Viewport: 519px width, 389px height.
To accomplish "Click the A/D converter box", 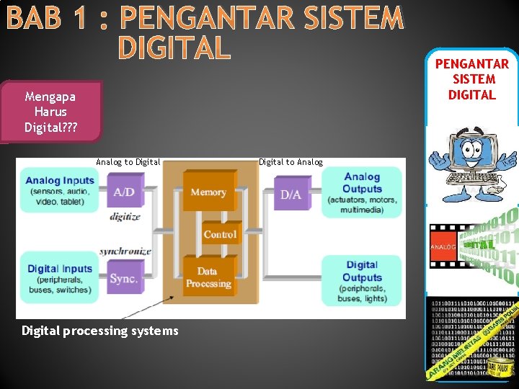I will point(123,192).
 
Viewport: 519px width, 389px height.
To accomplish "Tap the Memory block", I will point(208,192).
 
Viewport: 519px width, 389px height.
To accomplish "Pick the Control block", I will point(220,234).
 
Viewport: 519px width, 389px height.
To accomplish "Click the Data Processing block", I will point(208,277).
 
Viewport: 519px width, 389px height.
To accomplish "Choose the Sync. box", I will point(123,277).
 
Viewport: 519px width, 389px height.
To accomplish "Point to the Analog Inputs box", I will point(59,189).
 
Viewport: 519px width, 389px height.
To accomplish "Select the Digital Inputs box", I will point(59,277).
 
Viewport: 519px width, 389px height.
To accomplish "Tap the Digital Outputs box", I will point(361,280).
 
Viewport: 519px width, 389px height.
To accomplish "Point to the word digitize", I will point(125,217).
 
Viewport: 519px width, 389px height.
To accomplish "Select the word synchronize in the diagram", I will point(125,251).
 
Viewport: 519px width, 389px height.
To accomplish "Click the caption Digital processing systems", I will point(100,331).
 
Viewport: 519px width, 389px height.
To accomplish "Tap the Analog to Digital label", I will point(128,162).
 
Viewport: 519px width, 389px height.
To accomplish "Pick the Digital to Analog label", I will point(290,162).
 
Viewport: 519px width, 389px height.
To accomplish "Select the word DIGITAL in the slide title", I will point(174,48).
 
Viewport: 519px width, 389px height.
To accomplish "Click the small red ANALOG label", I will point(443,247).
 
